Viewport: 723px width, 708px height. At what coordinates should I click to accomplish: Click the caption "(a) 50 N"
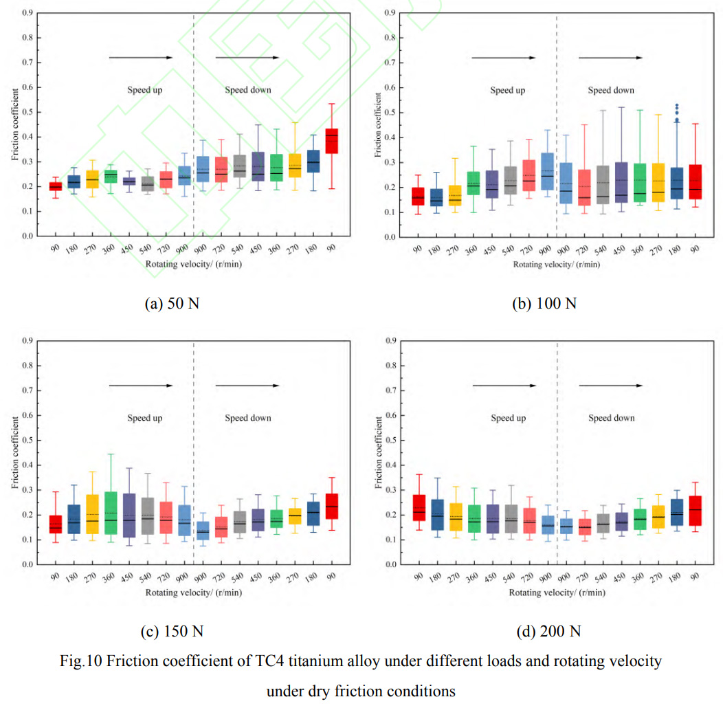(x=172, y=303)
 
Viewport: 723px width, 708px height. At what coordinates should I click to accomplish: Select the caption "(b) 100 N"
(x=544, y=303)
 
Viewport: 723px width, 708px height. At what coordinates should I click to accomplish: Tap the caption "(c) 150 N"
(x=173, y=630)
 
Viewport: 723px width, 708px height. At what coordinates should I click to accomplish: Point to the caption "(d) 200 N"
(x=544, y=630)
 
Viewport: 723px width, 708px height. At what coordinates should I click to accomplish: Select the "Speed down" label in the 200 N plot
(x=611, y=418)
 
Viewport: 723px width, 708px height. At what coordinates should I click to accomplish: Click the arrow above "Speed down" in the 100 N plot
(x=611, y=58)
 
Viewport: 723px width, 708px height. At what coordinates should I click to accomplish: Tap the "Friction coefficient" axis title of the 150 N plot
(x=14, y=452)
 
